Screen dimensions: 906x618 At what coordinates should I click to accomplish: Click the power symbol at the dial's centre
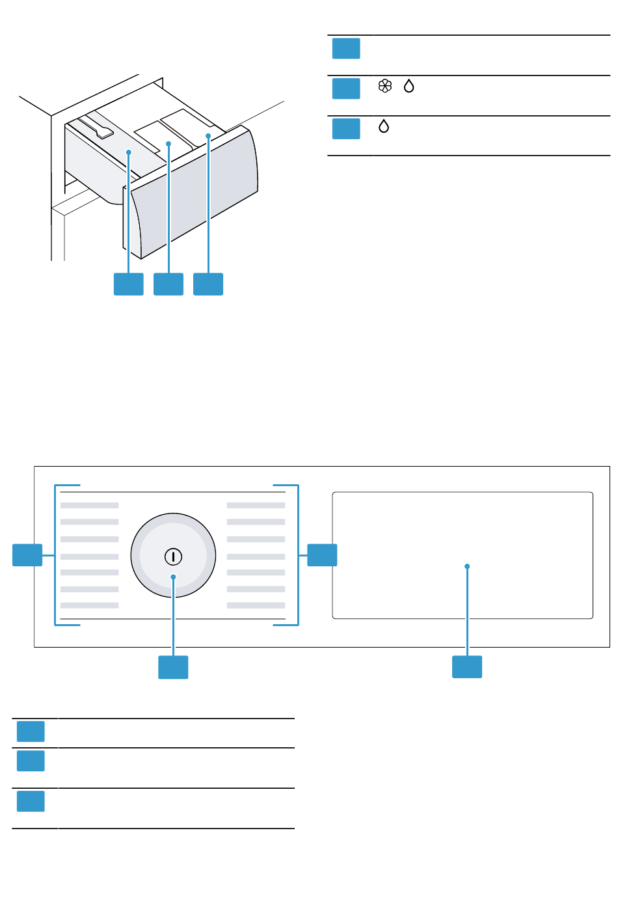(x=173, y=556)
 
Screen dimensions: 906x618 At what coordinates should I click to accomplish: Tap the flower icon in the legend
(x=385, y=86)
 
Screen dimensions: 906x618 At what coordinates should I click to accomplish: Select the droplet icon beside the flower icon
(x=409, y=86)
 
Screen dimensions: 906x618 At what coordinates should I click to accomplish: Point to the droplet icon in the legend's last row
(x=384, y=126)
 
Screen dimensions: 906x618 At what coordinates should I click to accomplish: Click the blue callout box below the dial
(x=173, y=667)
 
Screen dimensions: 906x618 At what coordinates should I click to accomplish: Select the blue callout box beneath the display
(x=467, y=667)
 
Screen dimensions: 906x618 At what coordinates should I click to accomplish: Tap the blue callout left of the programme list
(x=27, y=555)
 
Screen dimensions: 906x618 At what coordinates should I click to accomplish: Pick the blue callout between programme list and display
(x=322, y=555)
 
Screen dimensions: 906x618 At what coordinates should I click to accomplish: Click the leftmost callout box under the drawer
(x=129, y=284)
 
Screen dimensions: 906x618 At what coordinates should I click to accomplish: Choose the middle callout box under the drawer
(x=168, y=284)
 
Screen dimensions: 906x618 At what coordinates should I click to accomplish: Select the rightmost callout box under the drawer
(x=208, y=284)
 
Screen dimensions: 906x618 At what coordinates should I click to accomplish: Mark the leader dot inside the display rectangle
(x=467, y=566)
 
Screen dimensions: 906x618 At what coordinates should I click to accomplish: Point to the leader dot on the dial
(x=173, y=577)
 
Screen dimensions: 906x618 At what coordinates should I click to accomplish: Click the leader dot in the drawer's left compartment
(x=129, y=152)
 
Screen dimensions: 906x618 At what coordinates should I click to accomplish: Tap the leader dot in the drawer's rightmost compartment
(x=208, y=136)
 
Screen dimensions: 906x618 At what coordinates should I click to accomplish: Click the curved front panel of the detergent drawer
(x=195, y=195)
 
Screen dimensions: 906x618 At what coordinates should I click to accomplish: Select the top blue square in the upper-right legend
(x=346, y=49)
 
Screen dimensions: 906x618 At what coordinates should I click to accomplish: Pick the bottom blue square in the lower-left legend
(x=31, y=801)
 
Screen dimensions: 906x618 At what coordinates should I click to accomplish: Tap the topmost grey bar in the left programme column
(x=90, y=505)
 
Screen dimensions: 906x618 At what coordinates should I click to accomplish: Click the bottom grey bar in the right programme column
(x=256, y=605)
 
